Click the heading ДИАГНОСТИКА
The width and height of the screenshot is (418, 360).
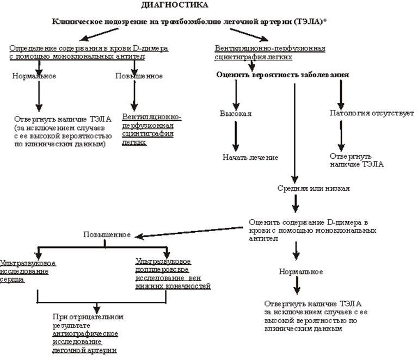[x=174, y=5]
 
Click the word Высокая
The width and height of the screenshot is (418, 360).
[x=236, y=114]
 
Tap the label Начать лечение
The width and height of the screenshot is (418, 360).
[x=250, y=157]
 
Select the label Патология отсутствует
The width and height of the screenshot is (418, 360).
[x=372, y=114]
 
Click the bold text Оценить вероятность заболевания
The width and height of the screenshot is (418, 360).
[x=282, y=75]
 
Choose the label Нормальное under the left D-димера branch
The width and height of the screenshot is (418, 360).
[x=34, y=76]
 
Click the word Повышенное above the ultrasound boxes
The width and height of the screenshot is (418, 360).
[x=107, y=235]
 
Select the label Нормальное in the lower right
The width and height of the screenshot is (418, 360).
[x=300, y=271]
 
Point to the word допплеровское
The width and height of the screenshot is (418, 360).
[x=162, y=270]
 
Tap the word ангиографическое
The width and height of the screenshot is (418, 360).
[x=85, y=333]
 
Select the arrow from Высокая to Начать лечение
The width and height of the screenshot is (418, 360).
[x=236, y=135]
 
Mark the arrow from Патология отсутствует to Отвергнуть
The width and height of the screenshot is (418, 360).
[x=341, y=135]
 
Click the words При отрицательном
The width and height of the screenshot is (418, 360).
[x=88, y=316]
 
